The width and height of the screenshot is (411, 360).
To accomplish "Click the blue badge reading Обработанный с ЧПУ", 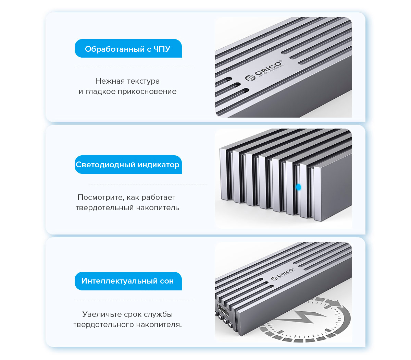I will click(128, 49).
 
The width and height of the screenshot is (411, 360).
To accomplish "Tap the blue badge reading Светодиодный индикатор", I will click(128, 165).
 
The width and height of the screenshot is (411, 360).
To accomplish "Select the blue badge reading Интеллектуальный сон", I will click(128, 281).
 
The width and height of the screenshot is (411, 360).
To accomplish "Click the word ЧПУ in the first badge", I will click(162, 49).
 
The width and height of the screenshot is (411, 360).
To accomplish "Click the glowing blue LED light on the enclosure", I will click(298, 187).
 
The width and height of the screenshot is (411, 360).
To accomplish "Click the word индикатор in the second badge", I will click(158, 165).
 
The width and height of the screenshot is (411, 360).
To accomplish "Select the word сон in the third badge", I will click(167, 281).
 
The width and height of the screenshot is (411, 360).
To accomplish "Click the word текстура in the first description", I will click(144, 81).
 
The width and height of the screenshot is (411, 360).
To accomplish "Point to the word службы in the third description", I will click(158, 314).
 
